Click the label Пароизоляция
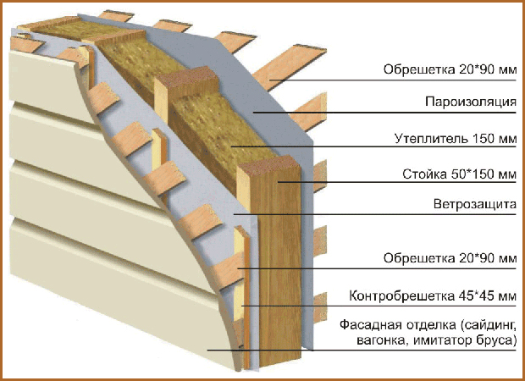[471, 102]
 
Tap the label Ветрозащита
[475, 205]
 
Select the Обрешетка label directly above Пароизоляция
[417, 69]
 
